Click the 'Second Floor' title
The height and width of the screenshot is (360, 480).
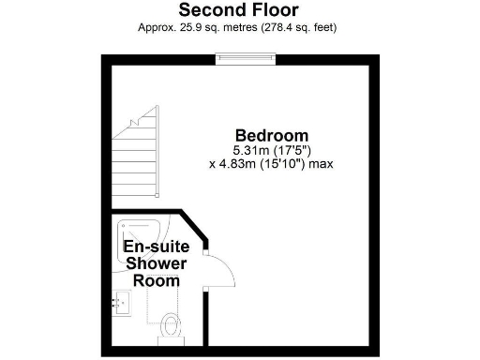239,10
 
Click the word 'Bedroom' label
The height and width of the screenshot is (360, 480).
271,135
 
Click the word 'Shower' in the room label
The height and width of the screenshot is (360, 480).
157,263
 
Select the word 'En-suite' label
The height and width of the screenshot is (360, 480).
157,247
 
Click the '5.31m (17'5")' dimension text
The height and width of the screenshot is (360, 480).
271,150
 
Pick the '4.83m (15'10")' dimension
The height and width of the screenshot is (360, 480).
257,163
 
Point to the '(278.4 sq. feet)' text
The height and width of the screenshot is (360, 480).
300,27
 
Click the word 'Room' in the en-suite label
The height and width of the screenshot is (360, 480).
157,279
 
